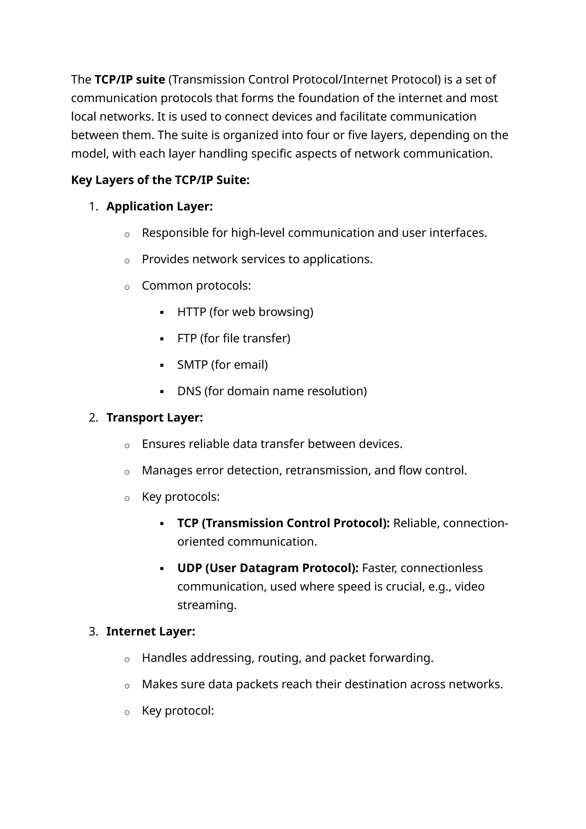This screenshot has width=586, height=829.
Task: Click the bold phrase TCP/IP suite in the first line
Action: point(130,79)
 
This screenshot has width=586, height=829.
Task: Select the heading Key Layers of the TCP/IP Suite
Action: point(160,180)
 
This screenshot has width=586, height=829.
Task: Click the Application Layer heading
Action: point(159,206)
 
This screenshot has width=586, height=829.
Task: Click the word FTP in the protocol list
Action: point(187,338)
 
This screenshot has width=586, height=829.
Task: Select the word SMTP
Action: point(192,365)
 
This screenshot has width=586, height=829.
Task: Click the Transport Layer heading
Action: point(155,418)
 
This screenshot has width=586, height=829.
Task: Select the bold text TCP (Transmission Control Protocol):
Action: point(283,523)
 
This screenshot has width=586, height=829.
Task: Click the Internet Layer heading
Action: point(151,631)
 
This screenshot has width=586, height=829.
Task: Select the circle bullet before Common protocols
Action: point(127,287)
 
